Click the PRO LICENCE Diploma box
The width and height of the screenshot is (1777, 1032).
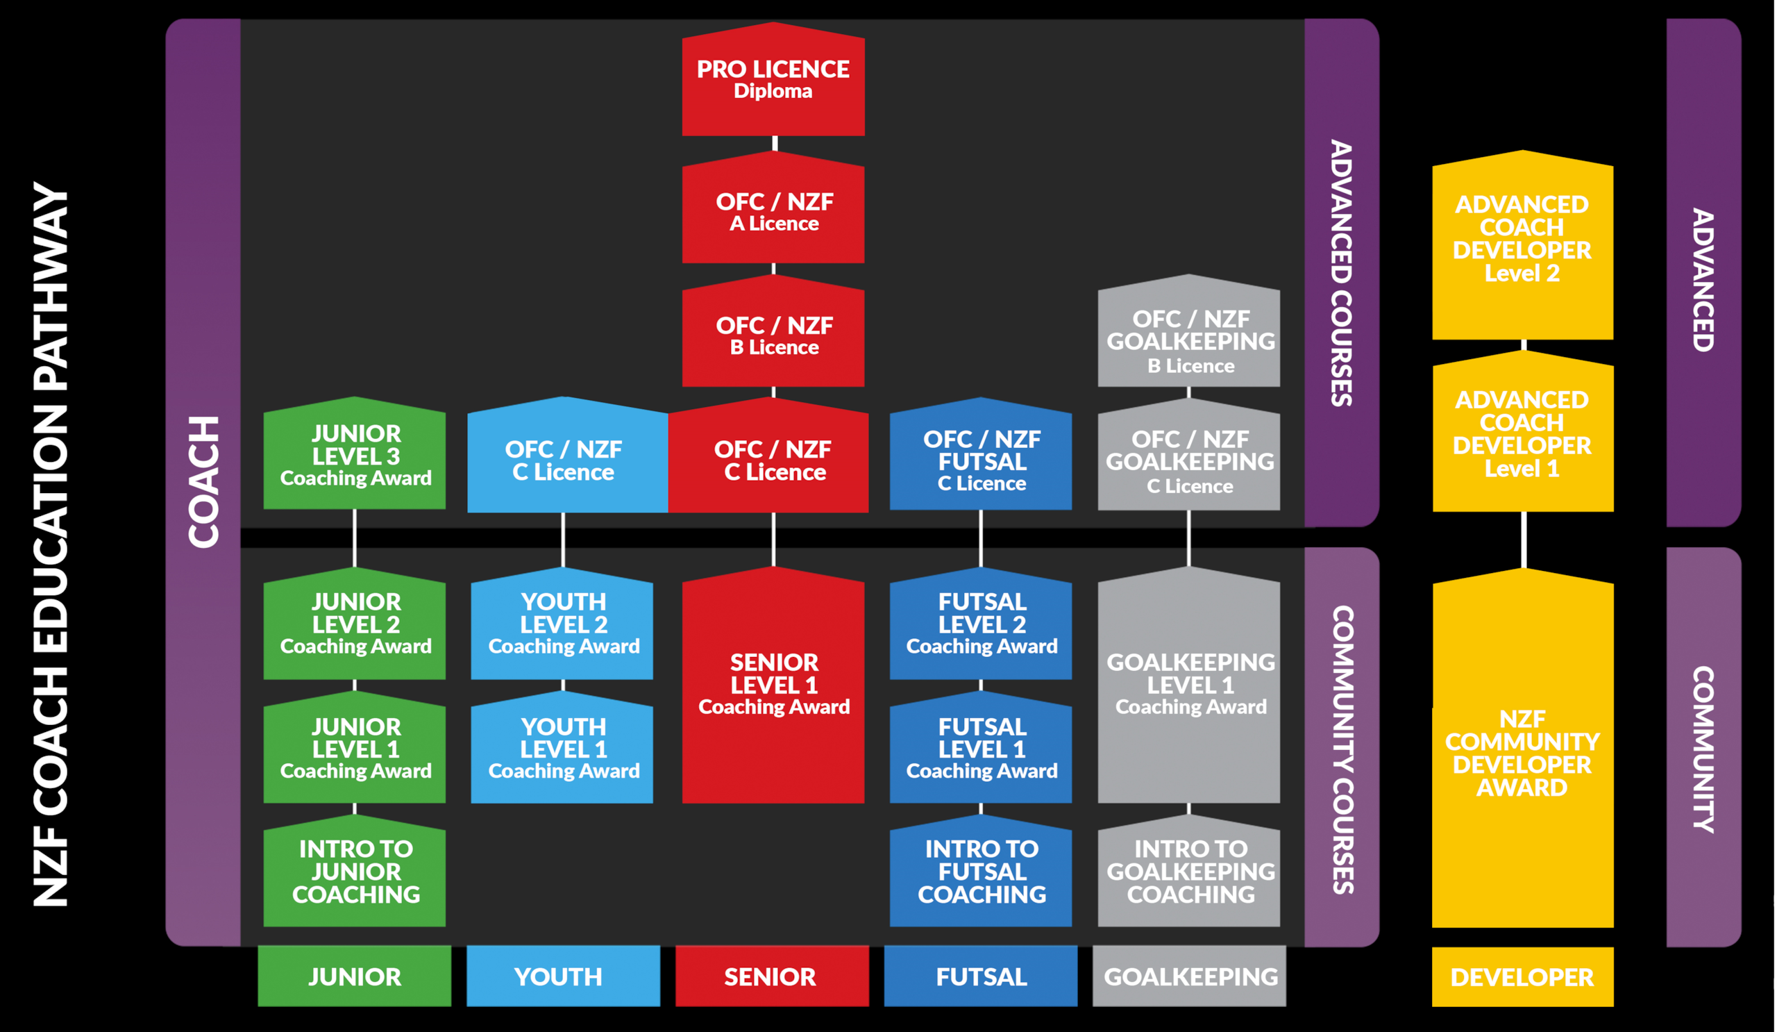[773, 81]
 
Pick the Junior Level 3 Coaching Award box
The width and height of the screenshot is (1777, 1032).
[355, 456]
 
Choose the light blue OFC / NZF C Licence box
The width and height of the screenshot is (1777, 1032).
[564, 460]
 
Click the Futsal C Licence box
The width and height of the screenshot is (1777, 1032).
[981, 460]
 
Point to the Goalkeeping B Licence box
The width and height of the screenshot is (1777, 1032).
[1189, 341]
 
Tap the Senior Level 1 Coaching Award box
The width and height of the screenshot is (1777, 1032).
[773, 685]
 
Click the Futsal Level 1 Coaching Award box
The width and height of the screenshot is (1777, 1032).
[981, 749]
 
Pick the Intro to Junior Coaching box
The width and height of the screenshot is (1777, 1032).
[355, 872]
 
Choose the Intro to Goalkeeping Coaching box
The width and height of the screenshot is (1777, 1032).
[1189, 872]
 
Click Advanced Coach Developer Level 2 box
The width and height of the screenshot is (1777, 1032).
[1522, 240]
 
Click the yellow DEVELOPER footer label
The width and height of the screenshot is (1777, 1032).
[1522, 977]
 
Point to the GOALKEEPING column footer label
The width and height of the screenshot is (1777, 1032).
[1189, 976]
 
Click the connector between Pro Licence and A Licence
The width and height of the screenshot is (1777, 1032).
[774, 143]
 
